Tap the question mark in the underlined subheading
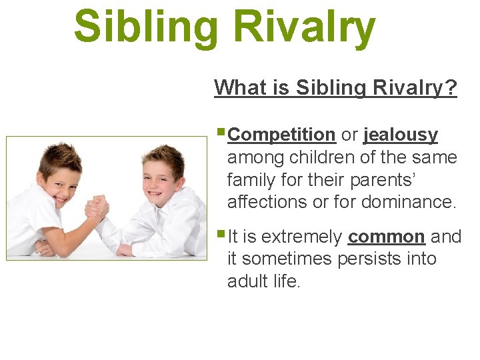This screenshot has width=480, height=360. click(451, 87)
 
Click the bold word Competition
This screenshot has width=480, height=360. click(281, 135)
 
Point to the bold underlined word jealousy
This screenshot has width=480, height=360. click(401, 135)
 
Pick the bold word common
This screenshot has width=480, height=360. click(386, 237)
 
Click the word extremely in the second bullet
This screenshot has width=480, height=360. click(301, 237)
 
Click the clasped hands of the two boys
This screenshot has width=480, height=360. click(97, 207)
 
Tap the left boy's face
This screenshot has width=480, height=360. click(60, 180)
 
